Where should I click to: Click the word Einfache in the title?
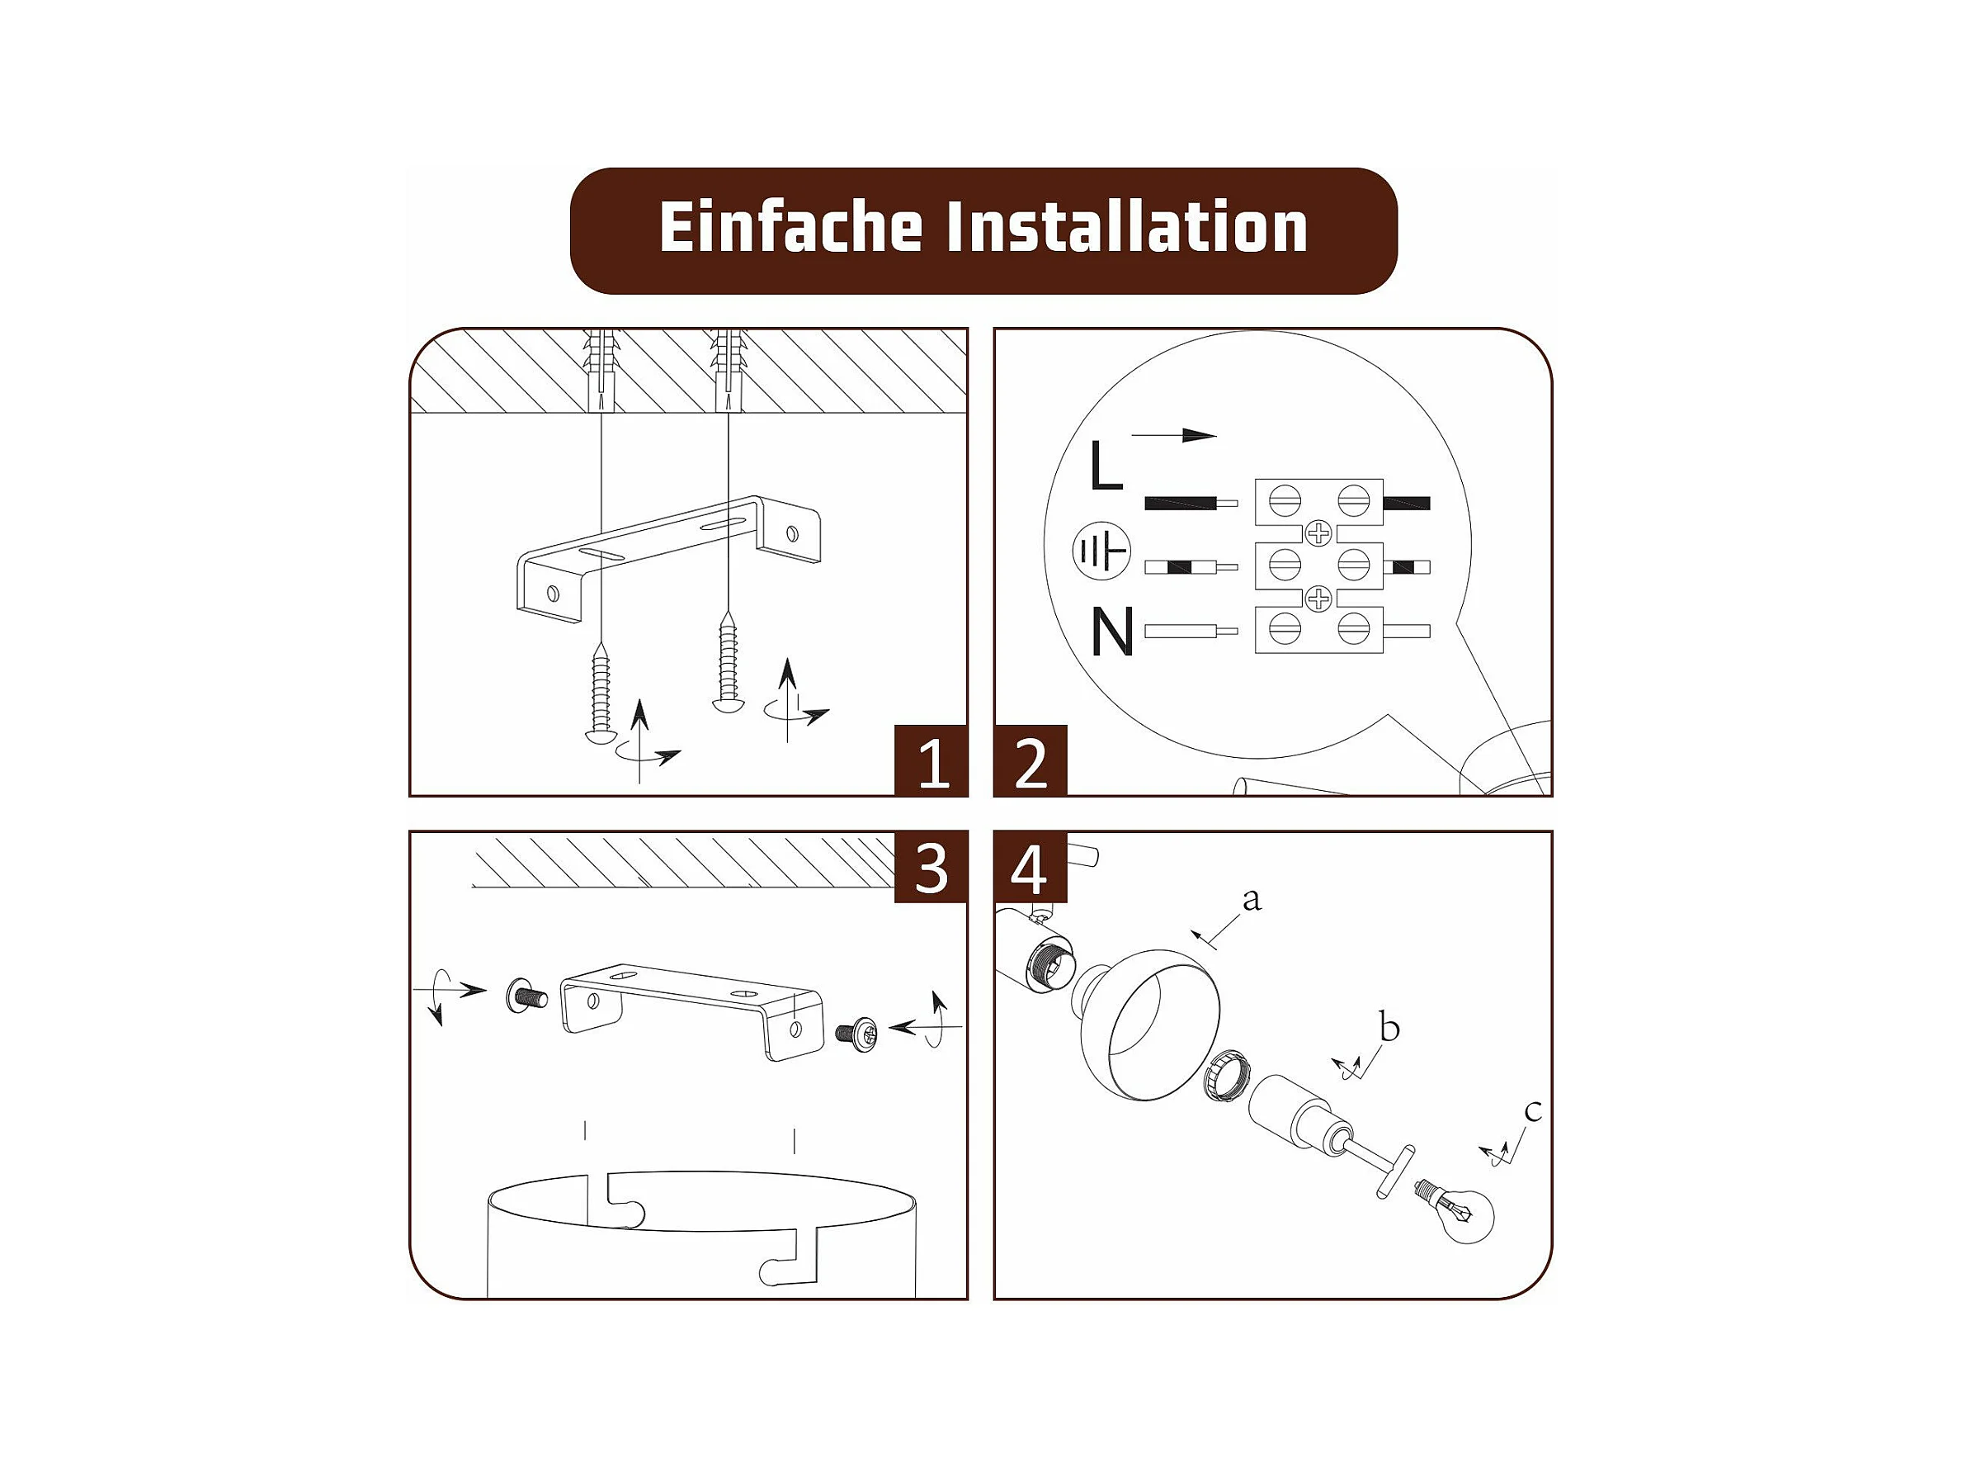click(790, 227)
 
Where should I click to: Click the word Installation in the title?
click(1127, 227)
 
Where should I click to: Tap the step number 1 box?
click(931, 760)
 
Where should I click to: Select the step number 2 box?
click(1031, 760)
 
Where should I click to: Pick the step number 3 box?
click(931, 868)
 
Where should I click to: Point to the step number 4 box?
click(1031, 868)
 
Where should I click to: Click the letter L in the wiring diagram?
click(1106, 465)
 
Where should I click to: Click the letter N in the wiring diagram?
click(1112, 631)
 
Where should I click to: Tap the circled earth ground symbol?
click(1101, 551)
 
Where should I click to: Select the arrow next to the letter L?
click(1173, 436)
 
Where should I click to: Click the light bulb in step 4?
click(1456, 1209)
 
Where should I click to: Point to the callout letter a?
click(1252, 900)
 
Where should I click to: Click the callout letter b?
click(1389, 1028)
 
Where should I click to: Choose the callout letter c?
click(1533, 1110)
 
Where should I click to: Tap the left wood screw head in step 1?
click(601, 735)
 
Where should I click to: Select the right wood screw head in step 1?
click(729, 704)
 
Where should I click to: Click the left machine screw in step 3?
click(526, 995)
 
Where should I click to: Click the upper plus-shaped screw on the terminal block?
click(1319, 533)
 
